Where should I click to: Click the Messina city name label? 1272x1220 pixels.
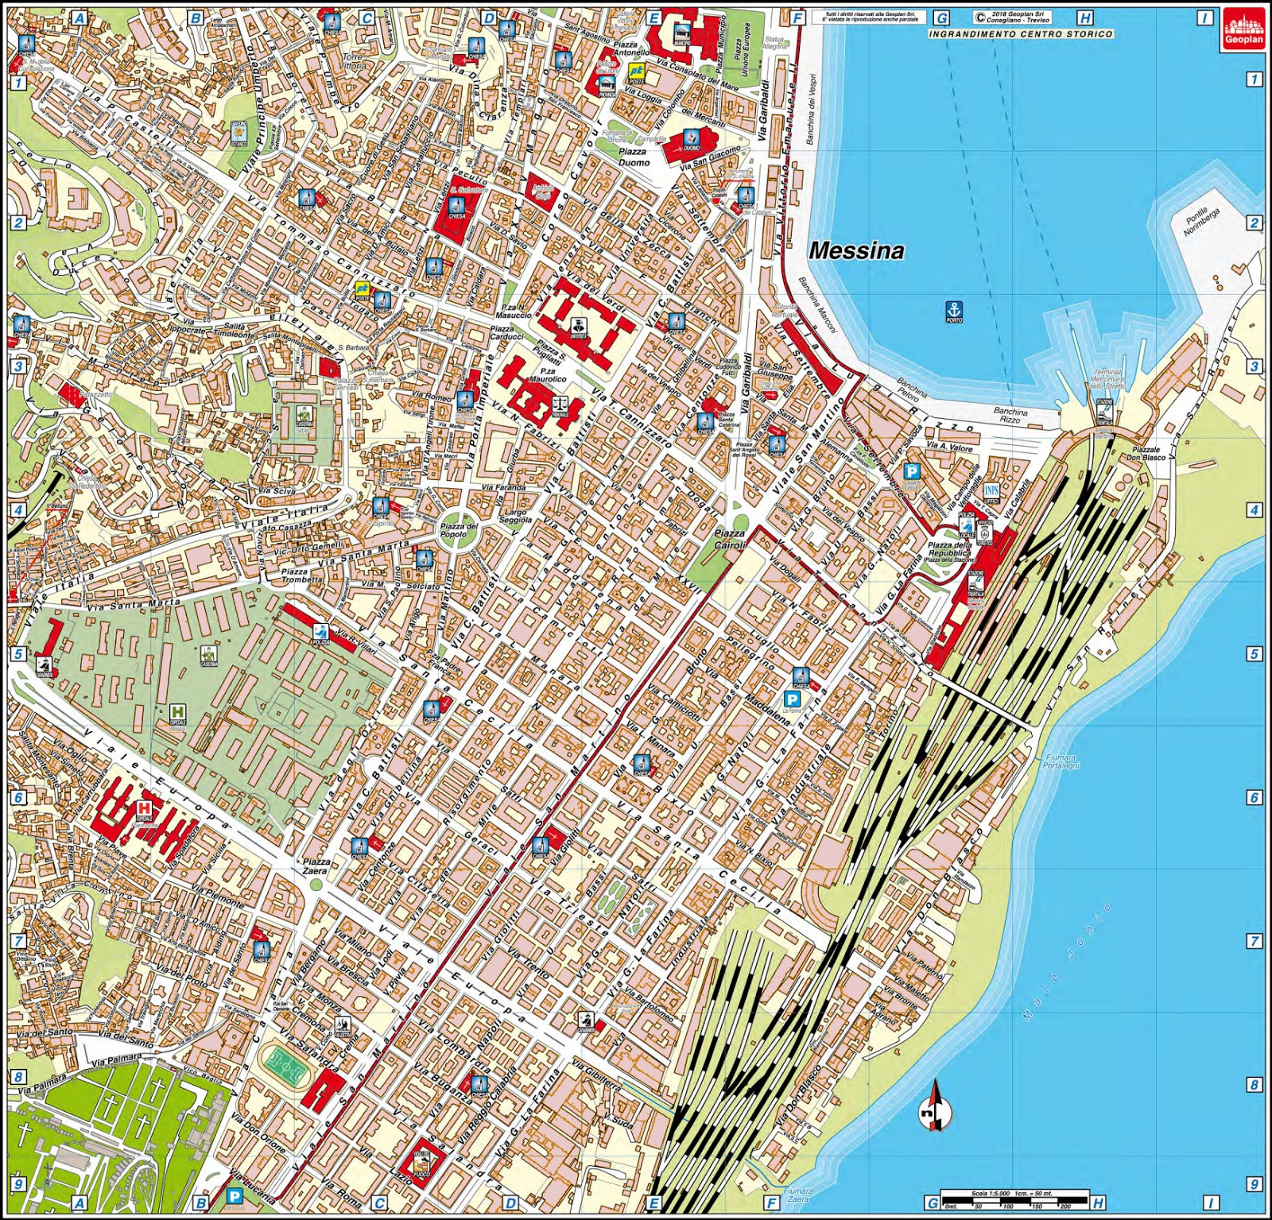pyautogui.click(x=856, y=251)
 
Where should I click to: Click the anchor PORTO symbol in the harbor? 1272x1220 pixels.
pyautogui.click(x=953, y=312)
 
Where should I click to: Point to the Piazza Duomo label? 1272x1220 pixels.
pyautogui.click(x=634, y=157)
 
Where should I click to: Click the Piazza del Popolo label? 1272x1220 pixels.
pyautogui.click(x=459, y=530)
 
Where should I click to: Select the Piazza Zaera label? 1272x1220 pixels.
pyautogui.click(x=316, y=866)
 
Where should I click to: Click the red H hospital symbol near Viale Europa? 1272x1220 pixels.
pyautogui.click(x=144, y=808)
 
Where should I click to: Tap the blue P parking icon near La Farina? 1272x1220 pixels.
pyautogui.click(x=792, y=698)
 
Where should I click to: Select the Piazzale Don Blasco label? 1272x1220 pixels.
pyautogui.click(x=1146, y=453)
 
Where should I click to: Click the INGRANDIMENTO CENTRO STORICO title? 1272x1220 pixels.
pyautogui.click(x=1021, y=34)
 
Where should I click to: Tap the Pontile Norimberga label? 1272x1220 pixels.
pyautogui.click(x=1200, y=222)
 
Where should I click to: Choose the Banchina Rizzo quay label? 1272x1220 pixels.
pyautogui.click(x=1010, y=416)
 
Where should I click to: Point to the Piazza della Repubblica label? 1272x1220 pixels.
pyautogui.click(x=949, y=551)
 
